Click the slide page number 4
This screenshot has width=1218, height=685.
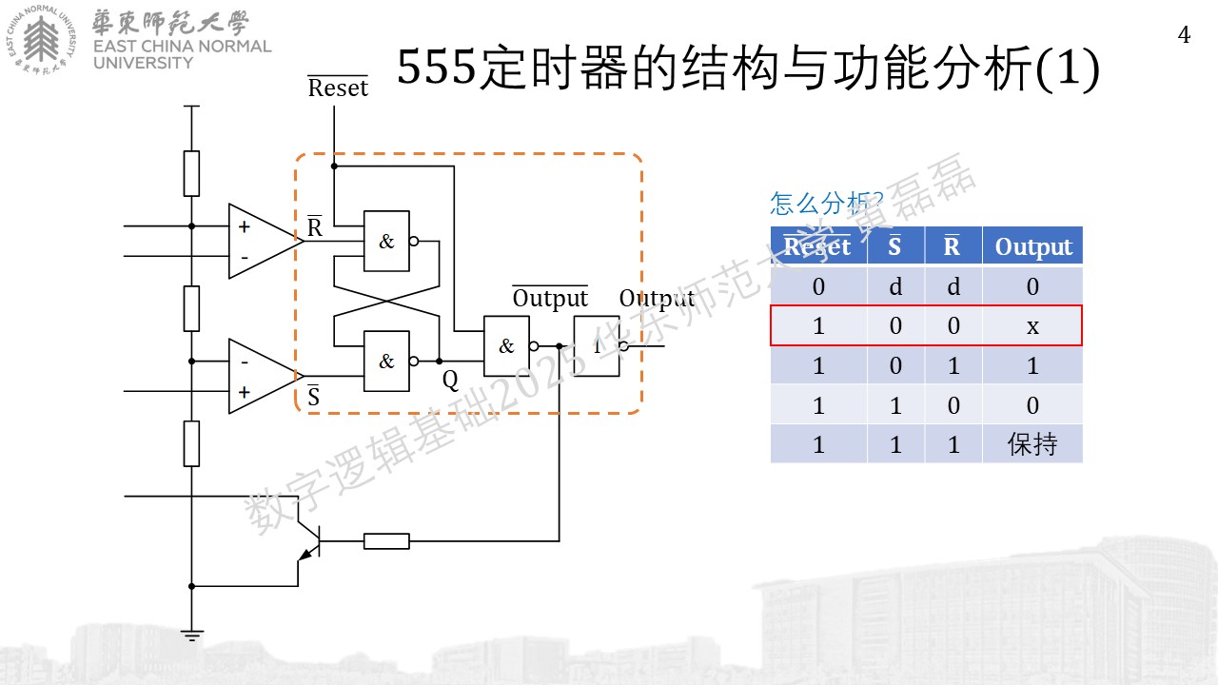pos(1184,35)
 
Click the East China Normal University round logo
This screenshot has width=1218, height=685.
pos(41,39)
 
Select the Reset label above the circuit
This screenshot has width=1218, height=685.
pos(338,87)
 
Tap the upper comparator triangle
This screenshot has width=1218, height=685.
pos(265,241)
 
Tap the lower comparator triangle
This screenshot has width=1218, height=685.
pos(265,376)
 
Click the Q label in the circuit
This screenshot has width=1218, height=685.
pos(450,381)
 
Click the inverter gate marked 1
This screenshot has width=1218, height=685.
pos(597,345)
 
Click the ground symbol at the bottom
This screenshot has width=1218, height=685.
pos(191,635)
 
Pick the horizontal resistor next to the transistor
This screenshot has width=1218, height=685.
pos(386,541)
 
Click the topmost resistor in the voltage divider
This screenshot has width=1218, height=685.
pos(191,173)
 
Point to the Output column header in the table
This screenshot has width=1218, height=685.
pos(1033,246)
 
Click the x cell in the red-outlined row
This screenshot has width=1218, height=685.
pos(1032,326)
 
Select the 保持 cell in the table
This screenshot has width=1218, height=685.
pos(1032,444)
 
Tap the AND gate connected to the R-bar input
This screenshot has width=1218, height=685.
pos(386,241)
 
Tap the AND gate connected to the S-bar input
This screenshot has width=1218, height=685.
pos(386,361)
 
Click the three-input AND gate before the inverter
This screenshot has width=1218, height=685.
pos(506,345)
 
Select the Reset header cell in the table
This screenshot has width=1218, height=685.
pos(817,246)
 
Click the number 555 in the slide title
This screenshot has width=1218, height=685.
pos(436,68)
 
